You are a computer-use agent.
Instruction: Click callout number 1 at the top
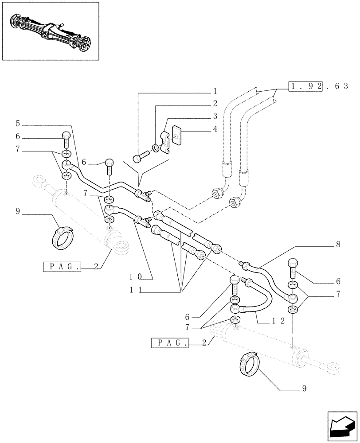coord(215,92)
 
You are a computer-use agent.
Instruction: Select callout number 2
coord(215,104)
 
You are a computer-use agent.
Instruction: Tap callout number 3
coord(215,117)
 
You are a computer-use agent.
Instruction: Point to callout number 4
coord(215,130)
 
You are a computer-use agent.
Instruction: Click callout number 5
coord(18,123)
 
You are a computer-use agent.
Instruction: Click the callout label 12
coord(278,321)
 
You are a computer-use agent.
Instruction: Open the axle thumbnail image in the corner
coord(50,31)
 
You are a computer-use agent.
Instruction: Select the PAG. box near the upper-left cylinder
coord(62,267)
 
